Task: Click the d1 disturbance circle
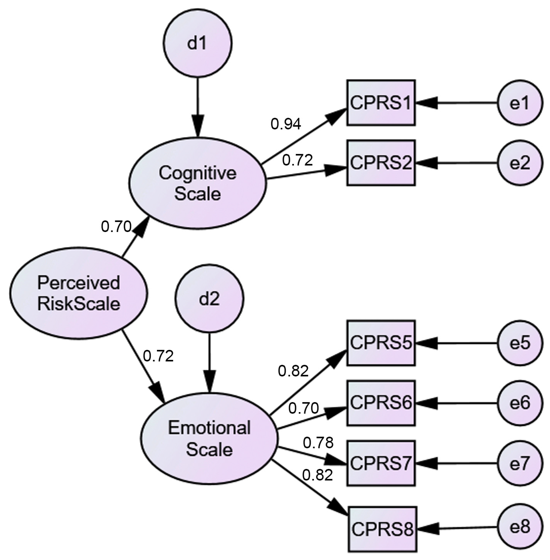(x=197, y=43)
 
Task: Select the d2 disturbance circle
(x=209, y=299)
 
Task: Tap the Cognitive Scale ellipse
(x=197, y=183)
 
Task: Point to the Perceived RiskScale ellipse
(x=79, y=293)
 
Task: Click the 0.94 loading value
(x=286, y=124)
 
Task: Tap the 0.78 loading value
(x=318, y=443)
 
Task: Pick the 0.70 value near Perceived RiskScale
(x=116, y=227)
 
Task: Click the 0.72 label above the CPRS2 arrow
(x=297, y=160)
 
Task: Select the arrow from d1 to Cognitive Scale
(x=197, y=107)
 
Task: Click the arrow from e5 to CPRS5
(x=456, y=343)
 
